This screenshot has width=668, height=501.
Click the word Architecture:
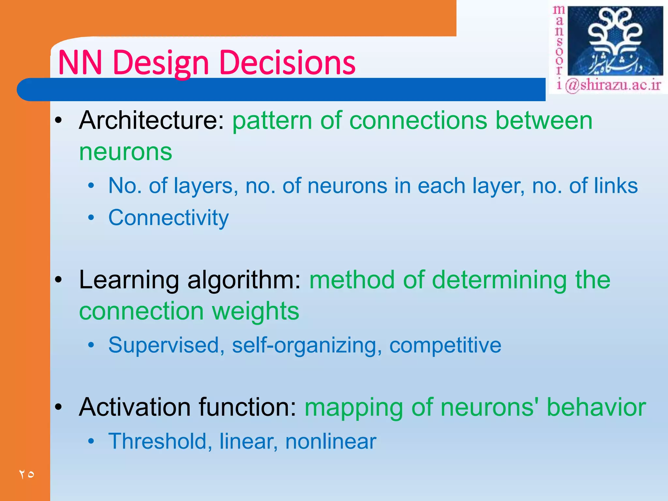(x=152, y=121)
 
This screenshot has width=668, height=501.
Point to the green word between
(x=544, y=121)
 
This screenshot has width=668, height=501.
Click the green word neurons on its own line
(x=126, y=152)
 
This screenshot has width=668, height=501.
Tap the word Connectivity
(x=168, y=218)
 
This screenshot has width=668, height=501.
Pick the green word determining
(x=499, y=280)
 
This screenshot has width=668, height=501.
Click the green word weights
(x=255, y=311)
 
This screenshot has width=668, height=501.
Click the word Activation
(x=135, y=407)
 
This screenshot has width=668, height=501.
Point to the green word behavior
(x=596, y=407)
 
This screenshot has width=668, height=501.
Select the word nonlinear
(x=331, y=441)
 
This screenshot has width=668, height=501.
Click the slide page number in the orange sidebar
(x=27, y=474)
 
